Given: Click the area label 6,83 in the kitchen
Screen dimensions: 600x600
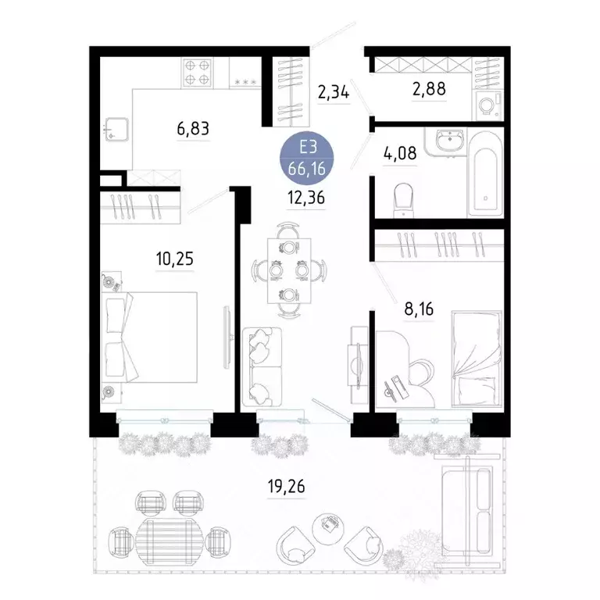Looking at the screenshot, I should (x=194, y=129).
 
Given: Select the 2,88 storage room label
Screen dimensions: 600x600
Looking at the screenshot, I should (x=429, y=89).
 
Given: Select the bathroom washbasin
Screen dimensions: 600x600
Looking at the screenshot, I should (x=448, y=142).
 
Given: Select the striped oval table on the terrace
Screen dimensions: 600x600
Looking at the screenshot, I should (x=169, y=537).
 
